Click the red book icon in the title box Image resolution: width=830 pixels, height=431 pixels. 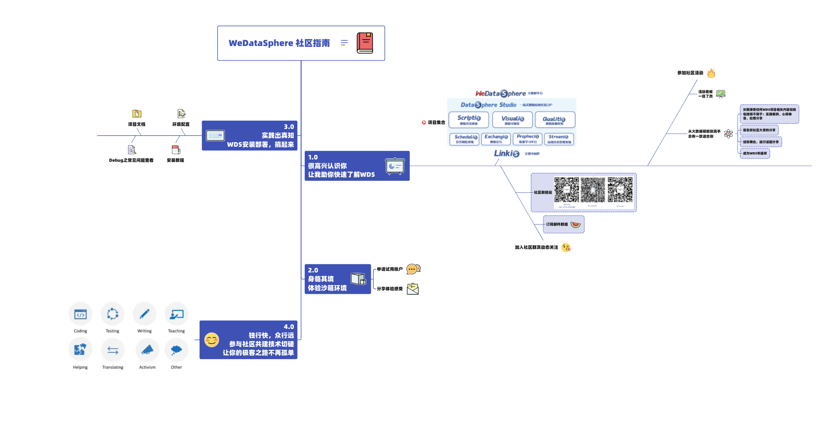tap(364, 43)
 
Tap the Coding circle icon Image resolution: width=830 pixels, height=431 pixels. tap(81, 314)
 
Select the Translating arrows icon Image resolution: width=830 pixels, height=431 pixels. tap(113, 350)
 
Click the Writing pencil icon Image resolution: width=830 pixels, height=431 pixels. tap(144, 314)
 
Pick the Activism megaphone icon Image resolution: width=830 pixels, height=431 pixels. tap(147, 350)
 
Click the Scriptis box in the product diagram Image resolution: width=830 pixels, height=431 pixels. tap(469, 120)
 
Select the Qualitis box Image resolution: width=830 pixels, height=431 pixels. tap(555, 120)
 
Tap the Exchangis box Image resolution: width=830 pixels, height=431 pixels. tap(496, 139)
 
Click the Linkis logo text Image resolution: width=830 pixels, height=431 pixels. tap(507, 154)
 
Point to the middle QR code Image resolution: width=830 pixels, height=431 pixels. tap(593, 190)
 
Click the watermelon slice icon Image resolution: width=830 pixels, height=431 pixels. tap(575, 224)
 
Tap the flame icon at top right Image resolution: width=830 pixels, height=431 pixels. tap(711, 73)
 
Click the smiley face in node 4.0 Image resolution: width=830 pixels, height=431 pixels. tap(211, 340)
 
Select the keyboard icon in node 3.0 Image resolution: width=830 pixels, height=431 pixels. tap(215, 135)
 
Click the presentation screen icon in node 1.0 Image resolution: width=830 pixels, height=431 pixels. tap(395, 166)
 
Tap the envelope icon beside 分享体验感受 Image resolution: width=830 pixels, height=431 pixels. tap(413, 289)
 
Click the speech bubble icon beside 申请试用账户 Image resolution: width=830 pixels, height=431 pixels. tap(413, 269)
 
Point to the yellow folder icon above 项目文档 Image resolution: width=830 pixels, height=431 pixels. tap(137, 113)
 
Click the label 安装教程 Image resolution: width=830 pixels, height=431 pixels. tap(175, 160)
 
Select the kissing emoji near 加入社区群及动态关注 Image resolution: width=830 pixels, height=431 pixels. tap(566, 247)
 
